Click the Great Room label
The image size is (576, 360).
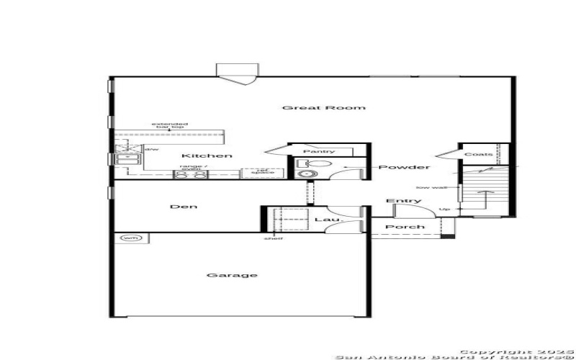(x=323, y=108)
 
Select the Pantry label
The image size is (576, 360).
(x=319, y=151)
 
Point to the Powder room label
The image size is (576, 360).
(x=404, y=168)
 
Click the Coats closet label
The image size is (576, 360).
(x=479, y=154)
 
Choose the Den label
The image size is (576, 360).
(x=183, y=207)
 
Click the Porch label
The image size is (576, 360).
(x=404, y=228)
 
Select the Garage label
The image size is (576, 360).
(x=222, y=275)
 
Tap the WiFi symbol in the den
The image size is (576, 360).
(x=130, y=238)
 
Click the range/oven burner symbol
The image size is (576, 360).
(x=192, y=174)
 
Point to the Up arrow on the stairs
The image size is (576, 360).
(x=446, y=210)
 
